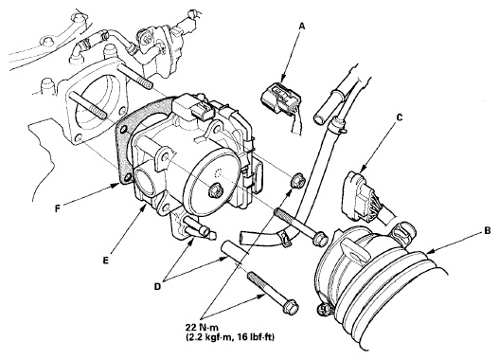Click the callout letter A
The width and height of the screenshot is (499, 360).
click(x=302, y=27)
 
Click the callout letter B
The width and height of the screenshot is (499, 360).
click(x=487, y=231)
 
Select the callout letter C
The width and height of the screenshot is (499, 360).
click(x=400, y=117)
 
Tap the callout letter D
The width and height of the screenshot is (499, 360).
click(x=157, y=286)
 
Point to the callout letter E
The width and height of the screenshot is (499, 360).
click(x=106, y=260)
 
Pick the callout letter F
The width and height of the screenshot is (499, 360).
click(x=57, y=208)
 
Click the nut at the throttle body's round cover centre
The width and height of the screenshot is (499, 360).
click(x=214, y=190)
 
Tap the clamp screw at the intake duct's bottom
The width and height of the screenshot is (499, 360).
click(x=323, y=309)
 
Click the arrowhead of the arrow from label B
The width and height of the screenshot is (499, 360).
click(x=426, y=253)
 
